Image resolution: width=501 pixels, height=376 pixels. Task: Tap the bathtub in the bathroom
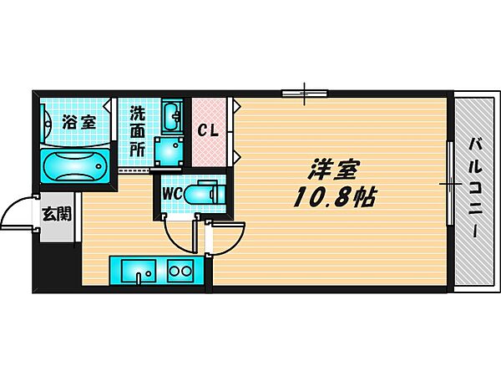coord(73,167)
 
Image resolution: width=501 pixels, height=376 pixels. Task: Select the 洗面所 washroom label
coord(137,131)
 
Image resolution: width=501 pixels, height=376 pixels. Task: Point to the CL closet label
coord(209,131)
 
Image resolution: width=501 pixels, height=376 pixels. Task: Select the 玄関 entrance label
coord(57,213)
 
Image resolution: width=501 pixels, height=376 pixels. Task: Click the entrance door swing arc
coord(17,216)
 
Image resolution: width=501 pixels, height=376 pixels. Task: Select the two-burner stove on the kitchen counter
coord(180,271)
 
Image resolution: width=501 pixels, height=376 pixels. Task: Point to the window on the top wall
coord(304,91)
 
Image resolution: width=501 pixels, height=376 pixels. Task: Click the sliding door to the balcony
coord(449,182)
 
